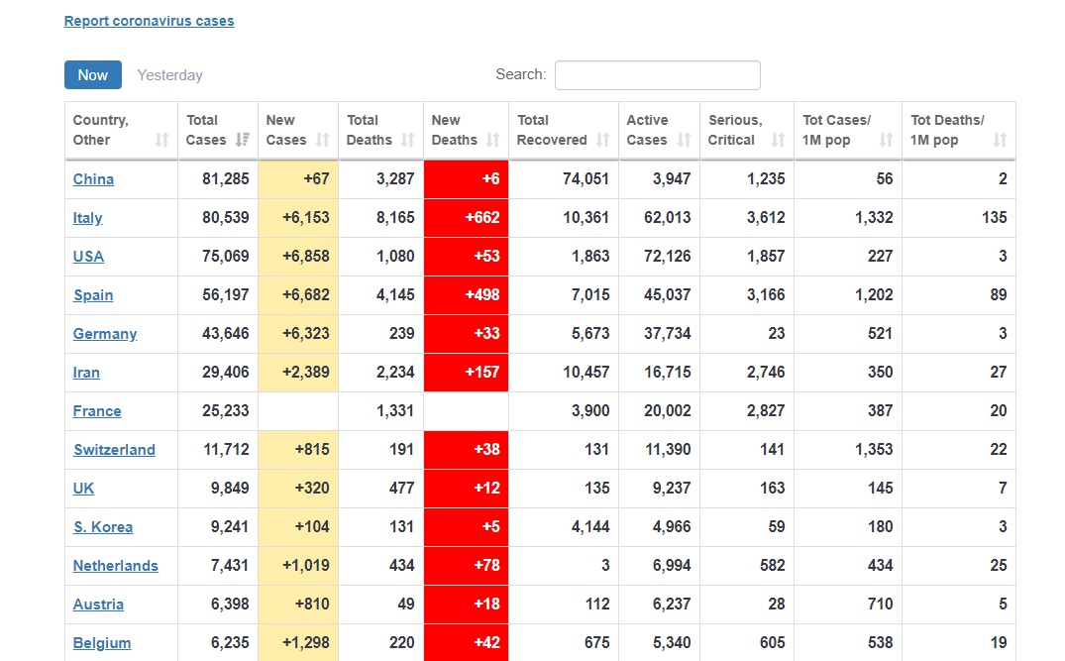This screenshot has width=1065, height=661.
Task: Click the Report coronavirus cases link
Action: (149, 21)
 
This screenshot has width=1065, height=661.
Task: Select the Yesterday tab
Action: (169, 75)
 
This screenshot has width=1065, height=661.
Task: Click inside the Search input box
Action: (658, 75)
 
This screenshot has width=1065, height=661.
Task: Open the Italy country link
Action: (87, 218)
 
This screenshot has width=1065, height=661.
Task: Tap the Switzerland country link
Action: (114, 450)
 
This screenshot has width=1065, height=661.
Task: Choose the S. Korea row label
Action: (103, 527)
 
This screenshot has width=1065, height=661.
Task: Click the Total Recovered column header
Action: (552, 131)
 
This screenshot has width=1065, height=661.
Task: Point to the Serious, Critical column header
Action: (735, 131)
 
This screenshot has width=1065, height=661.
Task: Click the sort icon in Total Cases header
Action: (243, 140)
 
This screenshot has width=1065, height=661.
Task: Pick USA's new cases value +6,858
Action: (306, 257)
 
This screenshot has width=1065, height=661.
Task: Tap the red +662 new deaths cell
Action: (466, 218)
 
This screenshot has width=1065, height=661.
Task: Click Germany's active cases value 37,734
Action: (668, 334)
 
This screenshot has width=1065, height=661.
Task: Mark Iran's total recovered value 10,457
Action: (586, 373)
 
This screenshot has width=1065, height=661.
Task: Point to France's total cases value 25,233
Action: (226, 411)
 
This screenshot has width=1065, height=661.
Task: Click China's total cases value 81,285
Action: (226, 179)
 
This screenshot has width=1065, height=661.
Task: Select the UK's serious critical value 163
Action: (773, 489)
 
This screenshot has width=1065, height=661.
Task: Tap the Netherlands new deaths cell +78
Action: (466, 566)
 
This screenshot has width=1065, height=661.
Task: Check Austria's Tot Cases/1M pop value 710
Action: (881, 605)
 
